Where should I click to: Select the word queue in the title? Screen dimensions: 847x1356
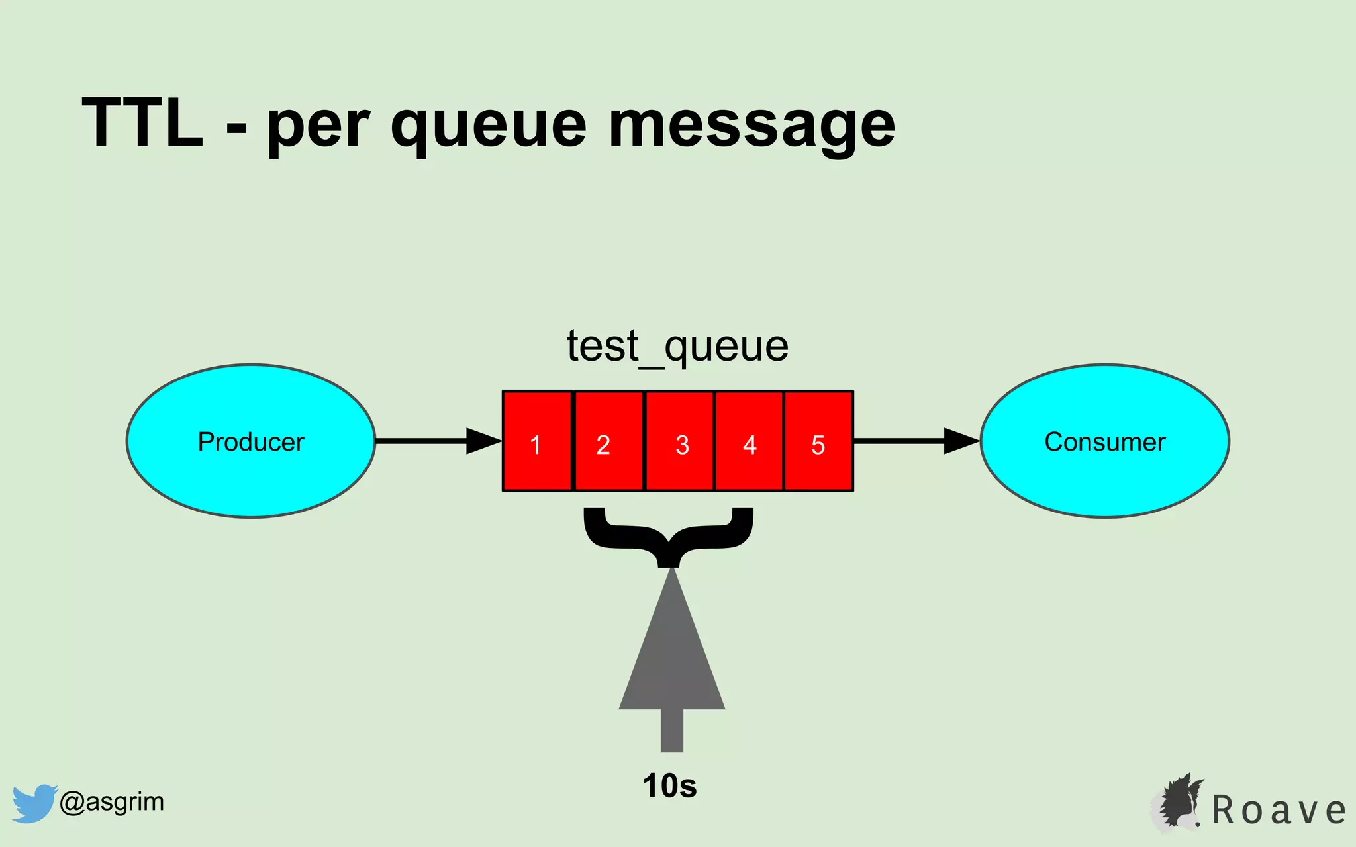[x=488, y=126]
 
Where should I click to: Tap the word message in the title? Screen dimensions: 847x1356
[x=751, y=126]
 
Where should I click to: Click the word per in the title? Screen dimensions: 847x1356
[x=317, y=126]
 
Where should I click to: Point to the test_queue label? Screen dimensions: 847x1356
[x=677, y=346]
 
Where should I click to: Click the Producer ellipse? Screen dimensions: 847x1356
[x=251, y=441]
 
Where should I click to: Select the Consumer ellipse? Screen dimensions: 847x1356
[x=1104, y=441]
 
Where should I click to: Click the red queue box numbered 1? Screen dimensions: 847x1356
[x=537, y=441]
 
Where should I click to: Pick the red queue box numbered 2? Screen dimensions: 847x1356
[x=608, y=441]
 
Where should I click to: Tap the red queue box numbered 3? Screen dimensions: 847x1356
[x=680, y=441]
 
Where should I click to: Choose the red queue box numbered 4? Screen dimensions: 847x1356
[x=750, y=441]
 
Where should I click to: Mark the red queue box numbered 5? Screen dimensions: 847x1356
[x=818, y=441]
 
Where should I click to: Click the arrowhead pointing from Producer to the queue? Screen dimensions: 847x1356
[x=483, y=441]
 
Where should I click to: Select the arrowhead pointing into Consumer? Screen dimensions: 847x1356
[x=961, y=441]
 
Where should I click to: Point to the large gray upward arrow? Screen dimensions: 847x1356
[x=671, y=662]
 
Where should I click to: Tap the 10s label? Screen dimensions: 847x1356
[x=669, y=786]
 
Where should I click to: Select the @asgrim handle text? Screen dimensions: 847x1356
[x=111, y=802]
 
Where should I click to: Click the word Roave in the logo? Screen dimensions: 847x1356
[x=1279, y=810]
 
